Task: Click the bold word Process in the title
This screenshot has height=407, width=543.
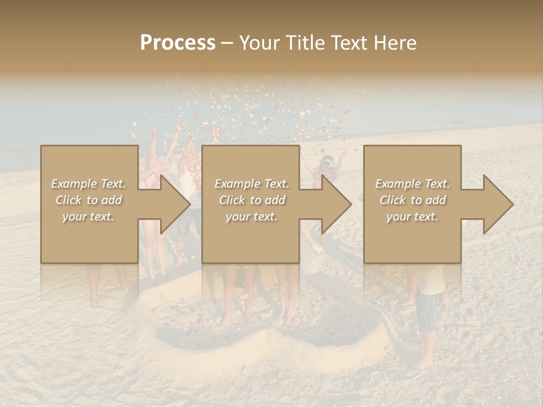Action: click(x=178, y=43)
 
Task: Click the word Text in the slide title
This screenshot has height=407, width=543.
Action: click(x=348, y=43)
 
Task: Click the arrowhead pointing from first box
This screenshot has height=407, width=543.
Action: click(x=172, y=204)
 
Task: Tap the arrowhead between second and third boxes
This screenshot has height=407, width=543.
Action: click(x=334, y=204)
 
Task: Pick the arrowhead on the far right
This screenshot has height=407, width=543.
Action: click(x=495, y=204)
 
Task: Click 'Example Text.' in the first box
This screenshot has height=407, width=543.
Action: click(x=88, y=184)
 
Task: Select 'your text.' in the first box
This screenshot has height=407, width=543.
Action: click(x=88, y=217)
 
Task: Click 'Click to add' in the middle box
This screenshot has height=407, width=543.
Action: click(x=252, y=200)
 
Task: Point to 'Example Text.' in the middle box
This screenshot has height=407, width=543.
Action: click(x=252, y=184)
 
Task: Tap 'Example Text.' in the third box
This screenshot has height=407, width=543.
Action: click(x=412, y=184)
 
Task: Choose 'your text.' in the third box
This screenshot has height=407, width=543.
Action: click(x=412, y=217)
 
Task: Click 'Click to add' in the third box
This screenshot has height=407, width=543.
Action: click(x=412, y=200)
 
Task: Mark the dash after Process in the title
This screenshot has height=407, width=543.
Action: click(x=227, y=44)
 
